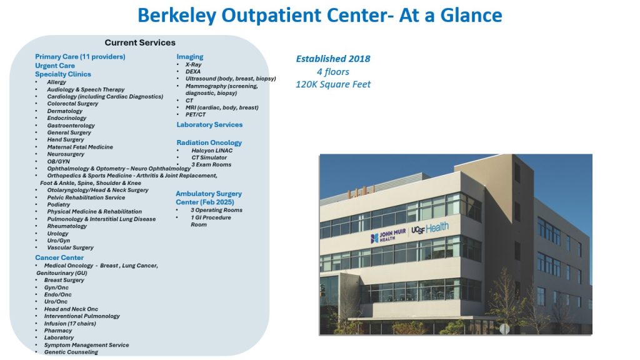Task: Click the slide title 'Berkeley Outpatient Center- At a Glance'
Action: click(319, 16)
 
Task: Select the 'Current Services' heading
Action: click(140, 42)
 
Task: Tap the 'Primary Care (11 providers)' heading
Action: click(80, 57)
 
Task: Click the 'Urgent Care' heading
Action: click(55, 66)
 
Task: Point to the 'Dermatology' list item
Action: click(64, 111)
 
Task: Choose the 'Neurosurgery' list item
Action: click(65, 154)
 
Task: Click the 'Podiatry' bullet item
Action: click(58, 204)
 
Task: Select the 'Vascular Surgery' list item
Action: click(70, 247)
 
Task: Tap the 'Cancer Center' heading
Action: click(59, 257)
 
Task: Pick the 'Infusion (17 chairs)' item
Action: click(70, 324)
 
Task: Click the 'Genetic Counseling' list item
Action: click(71, 352)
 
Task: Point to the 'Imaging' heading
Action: click(190, 57)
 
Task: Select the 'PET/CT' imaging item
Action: click(196, 115)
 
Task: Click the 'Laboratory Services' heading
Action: click(209, 125)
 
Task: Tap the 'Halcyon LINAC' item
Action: click(212, 151)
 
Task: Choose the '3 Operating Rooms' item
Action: click(216, 210)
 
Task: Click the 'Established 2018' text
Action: click(333, 59)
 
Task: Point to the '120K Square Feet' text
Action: click(333, 84)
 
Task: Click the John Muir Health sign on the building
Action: click(388, 236)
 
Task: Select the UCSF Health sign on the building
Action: click(430, 228)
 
